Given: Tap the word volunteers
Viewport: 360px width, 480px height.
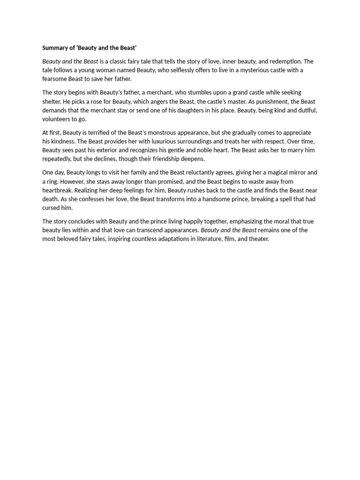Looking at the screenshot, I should [x=57, y=119].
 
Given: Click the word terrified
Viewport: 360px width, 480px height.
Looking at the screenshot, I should [x=99, y=133].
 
